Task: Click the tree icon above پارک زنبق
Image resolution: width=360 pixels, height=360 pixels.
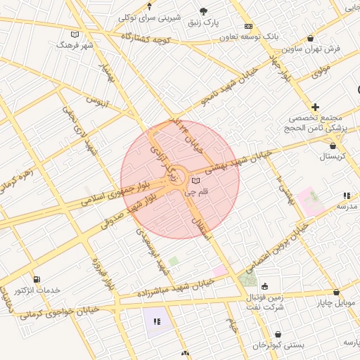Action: [x=204, y=11]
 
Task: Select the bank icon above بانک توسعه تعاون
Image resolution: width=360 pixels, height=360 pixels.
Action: [x=248, y=26]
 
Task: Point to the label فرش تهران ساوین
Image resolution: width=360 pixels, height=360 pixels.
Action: [x=311, y=49]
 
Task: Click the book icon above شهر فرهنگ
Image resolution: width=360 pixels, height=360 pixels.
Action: [x=75, y=34]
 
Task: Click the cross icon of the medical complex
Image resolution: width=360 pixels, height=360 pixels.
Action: [x=316, y=106]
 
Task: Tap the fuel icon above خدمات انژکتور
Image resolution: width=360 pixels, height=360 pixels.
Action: [x=36, y=279]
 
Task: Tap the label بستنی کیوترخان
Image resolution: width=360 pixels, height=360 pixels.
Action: [x=279, y=345]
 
